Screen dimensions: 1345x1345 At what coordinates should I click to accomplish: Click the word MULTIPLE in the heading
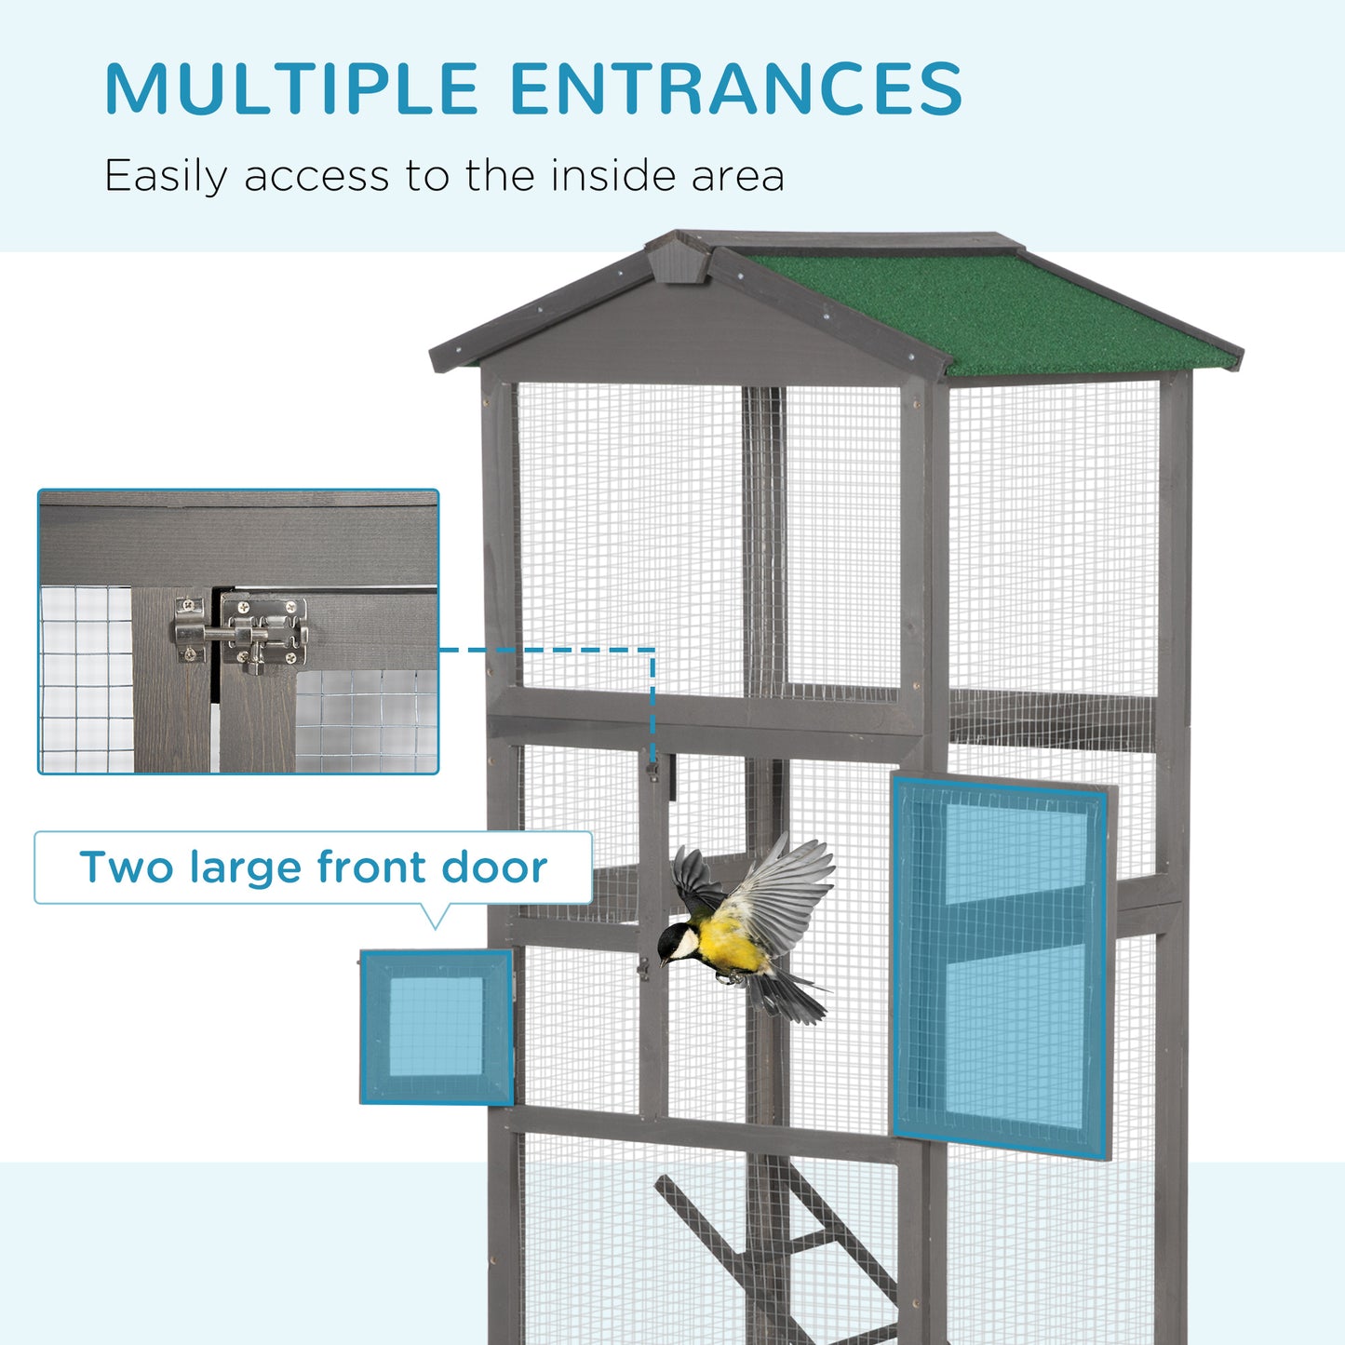pos(291,89)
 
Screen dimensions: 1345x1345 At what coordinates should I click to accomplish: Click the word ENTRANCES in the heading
pos(735,89)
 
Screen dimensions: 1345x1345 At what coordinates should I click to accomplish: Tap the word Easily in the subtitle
pos(166,177)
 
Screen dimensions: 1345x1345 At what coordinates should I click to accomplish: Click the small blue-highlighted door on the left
pos(437,1027)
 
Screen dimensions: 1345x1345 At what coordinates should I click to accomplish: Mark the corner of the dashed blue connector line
pos(653,650)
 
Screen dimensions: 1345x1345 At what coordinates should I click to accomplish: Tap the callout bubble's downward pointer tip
pos(435,928)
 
